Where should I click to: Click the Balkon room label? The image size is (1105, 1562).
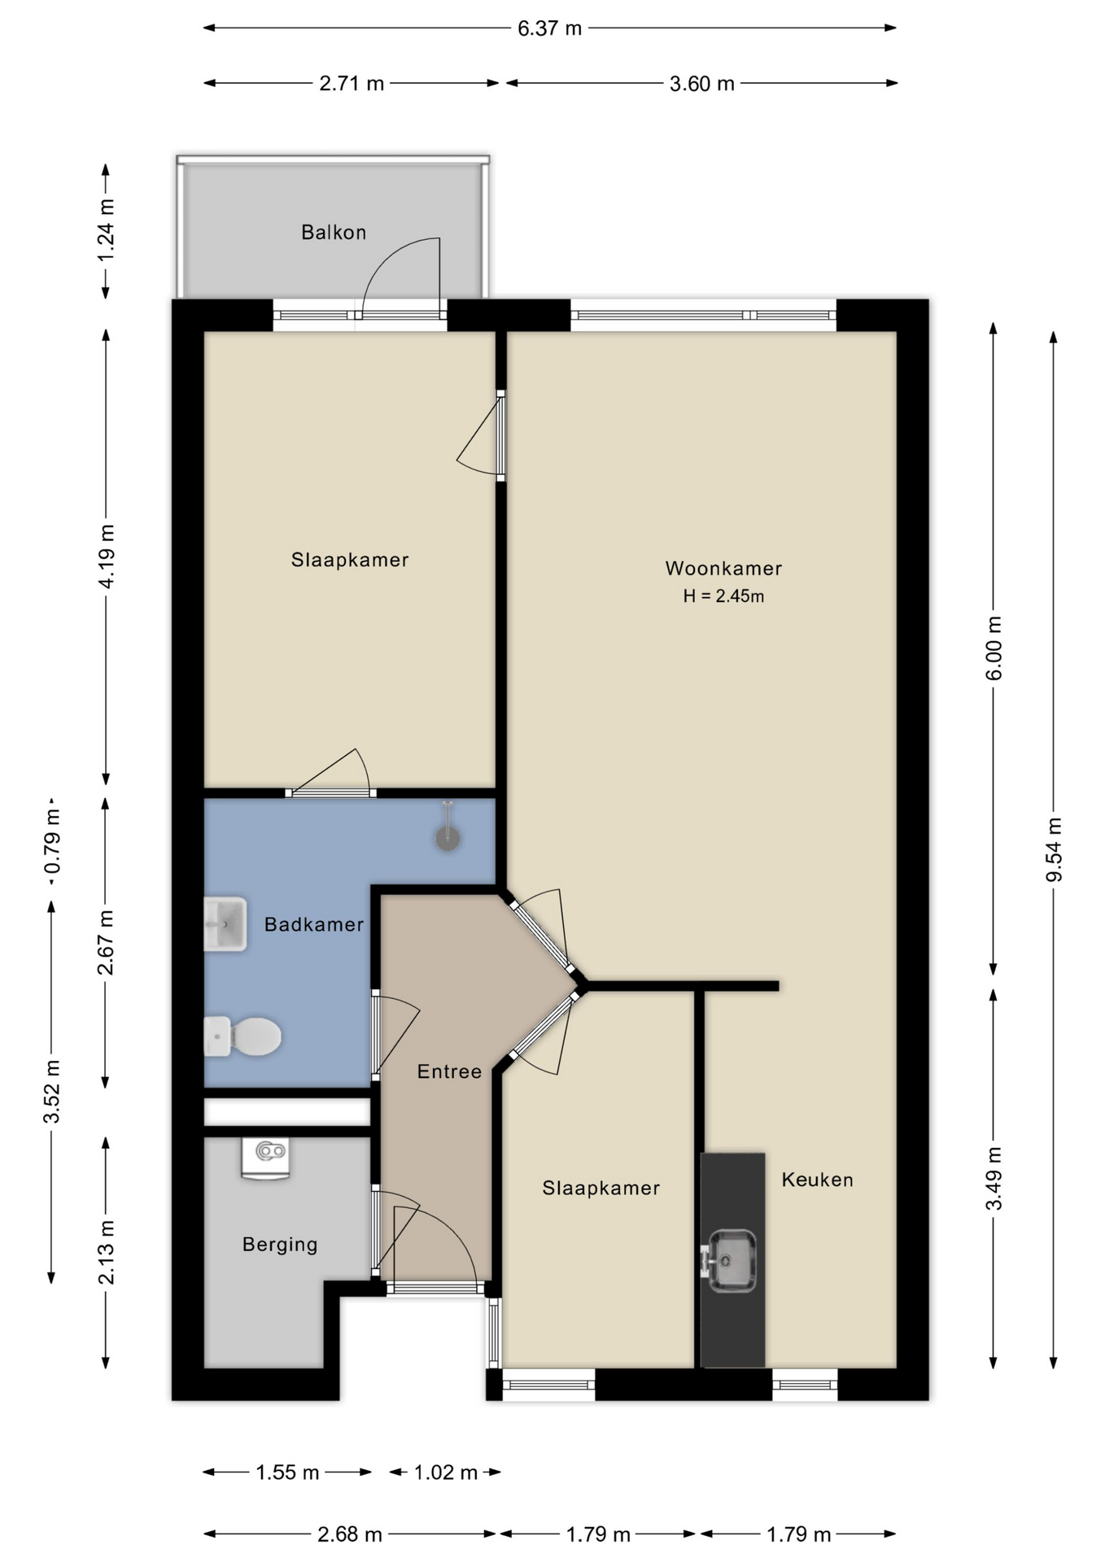pos(334,233)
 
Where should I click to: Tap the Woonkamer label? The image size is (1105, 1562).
pos(723,569)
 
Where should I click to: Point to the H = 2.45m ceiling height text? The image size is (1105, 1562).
pos(723,596)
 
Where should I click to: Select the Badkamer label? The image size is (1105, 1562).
pos(314,924)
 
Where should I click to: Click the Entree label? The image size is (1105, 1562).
pos(449,1071)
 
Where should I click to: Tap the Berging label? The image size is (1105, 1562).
pos(280,1245)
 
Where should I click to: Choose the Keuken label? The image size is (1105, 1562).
pos(818,1180)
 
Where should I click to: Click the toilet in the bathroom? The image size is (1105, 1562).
pos(242,1036)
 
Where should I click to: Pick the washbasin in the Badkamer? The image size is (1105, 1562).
pos(225,924)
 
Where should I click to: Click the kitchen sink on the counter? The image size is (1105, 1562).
pos(729,1261)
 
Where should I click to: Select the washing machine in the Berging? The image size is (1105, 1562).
pos(265,1158)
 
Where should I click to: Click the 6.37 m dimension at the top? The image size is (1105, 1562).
pos(550,28)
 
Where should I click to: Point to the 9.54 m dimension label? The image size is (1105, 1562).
pos(1054,849)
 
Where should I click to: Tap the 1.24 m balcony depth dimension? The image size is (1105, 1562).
pos(106,230)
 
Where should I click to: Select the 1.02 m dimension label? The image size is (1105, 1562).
pos(446,1473)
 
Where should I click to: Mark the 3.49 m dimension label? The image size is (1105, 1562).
pos(994,1178)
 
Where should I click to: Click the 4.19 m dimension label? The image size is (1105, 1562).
pos(106,556)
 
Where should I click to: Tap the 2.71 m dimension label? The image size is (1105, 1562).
pos(352,83)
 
